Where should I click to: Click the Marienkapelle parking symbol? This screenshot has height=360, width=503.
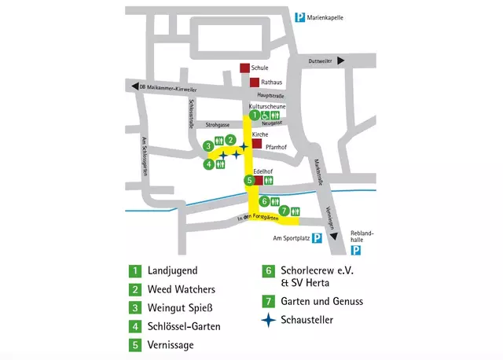point(299,17)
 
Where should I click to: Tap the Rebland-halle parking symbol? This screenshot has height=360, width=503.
point(356,251)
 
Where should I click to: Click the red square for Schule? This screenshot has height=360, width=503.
point(245,68)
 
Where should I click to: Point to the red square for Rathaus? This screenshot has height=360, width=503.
point(255,83)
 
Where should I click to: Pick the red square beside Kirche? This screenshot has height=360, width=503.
point(256,145)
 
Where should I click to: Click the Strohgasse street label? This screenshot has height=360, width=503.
point(217,124)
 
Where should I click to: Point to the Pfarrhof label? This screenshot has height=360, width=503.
point(278,146)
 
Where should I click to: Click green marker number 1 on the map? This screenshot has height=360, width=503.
point(255,116)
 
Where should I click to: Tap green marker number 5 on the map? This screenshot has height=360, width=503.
point(249,180)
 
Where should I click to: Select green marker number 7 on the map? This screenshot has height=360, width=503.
point(283,210)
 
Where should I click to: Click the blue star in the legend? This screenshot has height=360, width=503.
point(270,320)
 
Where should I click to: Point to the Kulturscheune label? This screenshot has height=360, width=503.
point(266,105)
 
